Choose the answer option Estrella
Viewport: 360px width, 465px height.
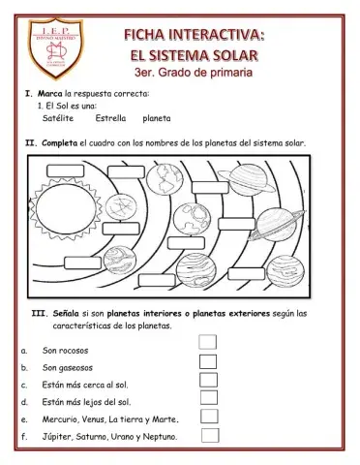(111, 118)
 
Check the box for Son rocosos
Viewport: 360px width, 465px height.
(207, 342)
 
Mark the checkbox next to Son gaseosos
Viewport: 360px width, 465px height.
(207, 361)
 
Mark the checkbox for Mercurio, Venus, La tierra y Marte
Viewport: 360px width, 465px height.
(208, 418)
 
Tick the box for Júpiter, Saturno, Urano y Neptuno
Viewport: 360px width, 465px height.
(208, 436)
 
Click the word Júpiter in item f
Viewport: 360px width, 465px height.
(57, 438)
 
